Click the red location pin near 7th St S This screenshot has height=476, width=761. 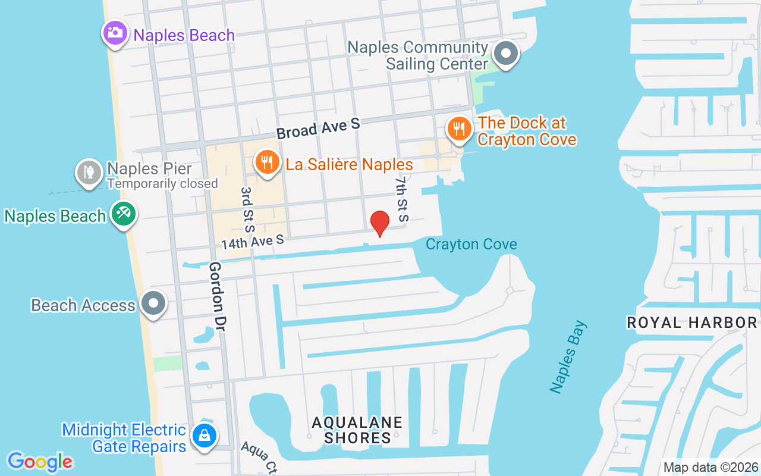click(x=379, y=223)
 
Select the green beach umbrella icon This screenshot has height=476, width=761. click(x=124, y=213)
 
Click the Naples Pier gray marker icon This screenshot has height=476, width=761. click(x=89, y=172)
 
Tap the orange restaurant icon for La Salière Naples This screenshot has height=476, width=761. click(x=268, y=161)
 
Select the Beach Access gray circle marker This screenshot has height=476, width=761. click(x=153, y=303)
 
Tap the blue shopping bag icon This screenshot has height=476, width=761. click(x=204, y=436)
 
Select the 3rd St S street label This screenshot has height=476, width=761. click(x=247, y=209)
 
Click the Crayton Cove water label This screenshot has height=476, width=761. click(x=471, y=244)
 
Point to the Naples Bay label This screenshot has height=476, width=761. click(x=568, y=357)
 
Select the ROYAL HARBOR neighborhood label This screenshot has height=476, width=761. click(x=692, y=322)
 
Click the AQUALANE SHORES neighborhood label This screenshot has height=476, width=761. click(x=357, y=430)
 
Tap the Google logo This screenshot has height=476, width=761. click(x=40, y=462)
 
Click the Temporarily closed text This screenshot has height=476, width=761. click(x=162, y=184)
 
